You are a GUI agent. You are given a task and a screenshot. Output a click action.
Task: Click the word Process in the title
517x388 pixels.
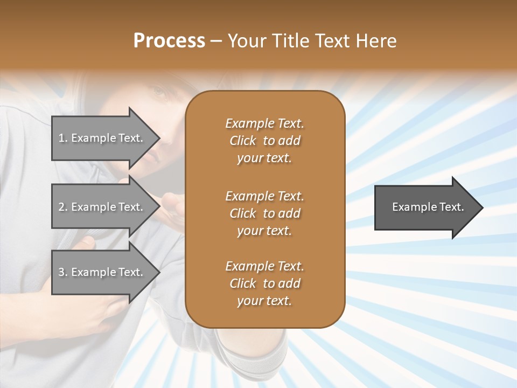(169, 41)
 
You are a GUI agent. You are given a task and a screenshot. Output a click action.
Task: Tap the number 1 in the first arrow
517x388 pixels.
(61, 138)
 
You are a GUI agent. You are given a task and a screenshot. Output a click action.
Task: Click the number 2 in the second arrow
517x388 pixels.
(61, 207)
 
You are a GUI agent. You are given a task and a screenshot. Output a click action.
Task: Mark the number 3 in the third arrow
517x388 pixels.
(61, 272)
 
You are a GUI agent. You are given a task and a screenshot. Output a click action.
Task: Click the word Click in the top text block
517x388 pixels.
(243, 141)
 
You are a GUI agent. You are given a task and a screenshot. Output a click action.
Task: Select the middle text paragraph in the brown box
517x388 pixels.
(264, 213)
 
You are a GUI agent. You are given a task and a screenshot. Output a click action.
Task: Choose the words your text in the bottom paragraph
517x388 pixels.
(264, 301)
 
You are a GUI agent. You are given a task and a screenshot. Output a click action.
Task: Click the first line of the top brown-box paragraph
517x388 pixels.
(264, 123)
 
